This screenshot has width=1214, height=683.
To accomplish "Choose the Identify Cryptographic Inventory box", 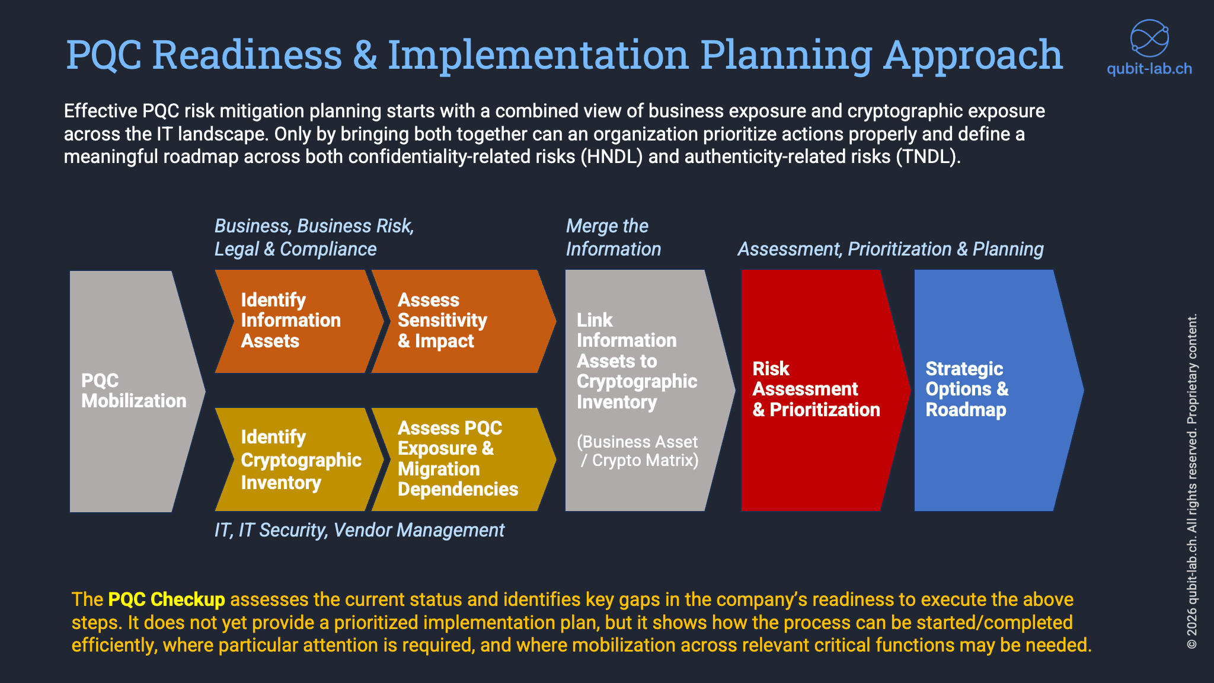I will [296, 460].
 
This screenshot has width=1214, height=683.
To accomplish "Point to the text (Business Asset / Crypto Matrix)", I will [638, 451].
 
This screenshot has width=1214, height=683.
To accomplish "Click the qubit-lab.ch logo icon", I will [1149, 39].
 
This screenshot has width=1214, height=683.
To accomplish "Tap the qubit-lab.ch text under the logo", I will [1149, 69].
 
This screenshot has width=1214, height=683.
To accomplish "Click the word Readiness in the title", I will [247, 55].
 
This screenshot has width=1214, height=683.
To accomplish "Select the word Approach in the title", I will [972, 55].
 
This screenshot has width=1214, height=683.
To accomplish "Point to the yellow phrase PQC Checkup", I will [167, 599].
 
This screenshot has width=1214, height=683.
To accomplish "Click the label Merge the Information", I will [613, 237].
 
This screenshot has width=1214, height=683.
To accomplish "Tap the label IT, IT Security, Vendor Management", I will [359, 530].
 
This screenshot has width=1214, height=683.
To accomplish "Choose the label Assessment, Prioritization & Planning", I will [890, 249].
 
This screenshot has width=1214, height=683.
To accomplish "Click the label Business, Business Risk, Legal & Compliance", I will [314, 237].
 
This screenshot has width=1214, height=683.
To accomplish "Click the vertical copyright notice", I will [1192, 480].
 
